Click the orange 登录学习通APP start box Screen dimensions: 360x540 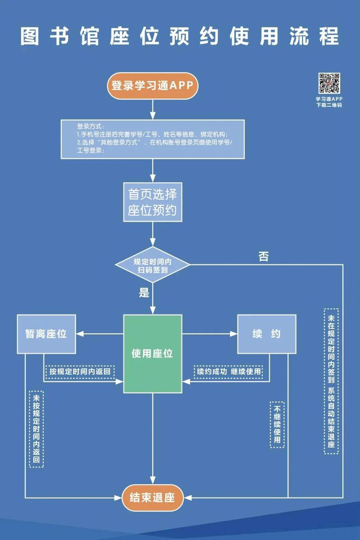point(153,86)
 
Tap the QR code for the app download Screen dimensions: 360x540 point(329,83)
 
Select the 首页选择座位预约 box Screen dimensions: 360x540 point(153,202)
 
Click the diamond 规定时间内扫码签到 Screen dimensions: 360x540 point(152,265)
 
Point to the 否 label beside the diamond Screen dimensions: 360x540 point(264,256)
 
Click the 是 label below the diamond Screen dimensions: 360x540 point(144,293)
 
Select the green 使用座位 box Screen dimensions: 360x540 point(153,354)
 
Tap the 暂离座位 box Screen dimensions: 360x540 point(46,334)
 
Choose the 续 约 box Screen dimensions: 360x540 point(267,334)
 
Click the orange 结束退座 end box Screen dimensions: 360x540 point(153,498)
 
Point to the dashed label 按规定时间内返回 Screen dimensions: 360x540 point(80,372)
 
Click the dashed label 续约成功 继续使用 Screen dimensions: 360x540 point(228,372)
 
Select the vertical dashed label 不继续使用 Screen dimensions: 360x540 point(277,425)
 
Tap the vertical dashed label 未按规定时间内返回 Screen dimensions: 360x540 point(36,429)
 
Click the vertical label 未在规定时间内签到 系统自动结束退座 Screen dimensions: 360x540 point(331,381)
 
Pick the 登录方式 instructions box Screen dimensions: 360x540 point(153,139)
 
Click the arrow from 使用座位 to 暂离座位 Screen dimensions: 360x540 point(100,334)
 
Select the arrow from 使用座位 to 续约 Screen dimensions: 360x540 point(210,334)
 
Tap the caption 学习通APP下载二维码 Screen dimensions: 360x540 point(329,102)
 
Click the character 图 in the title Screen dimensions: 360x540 point(30,36)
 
